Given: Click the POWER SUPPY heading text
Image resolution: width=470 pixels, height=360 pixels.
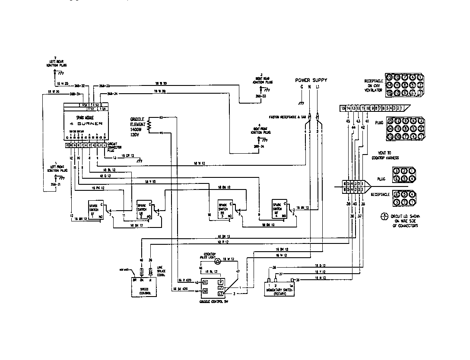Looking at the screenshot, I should (311, 80).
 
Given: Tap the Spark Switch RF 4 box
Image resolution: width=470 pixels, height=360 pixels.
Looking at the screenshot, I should (279, 209).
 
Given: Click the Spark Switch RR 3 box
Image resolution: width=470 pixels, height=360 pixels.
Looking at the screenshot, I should (225, 209).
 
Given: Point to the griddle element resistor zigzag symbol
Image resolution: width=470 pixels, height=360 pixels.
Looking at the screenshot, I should (150, 125).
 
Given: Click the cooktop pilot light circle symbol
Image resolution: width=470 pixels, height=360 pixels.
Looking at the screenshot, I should (218, 260).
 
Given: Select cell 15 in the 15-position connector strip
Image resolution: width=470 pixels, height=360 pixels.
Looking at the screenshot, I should (343, 108).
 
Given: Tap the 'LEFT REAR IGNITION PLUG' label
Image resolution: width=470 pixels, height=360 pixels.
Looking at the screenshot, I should (55, 63).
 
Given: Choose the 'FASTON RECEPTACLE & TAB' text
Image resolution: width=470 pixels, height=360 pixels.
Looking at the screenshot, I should (285, 117).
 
